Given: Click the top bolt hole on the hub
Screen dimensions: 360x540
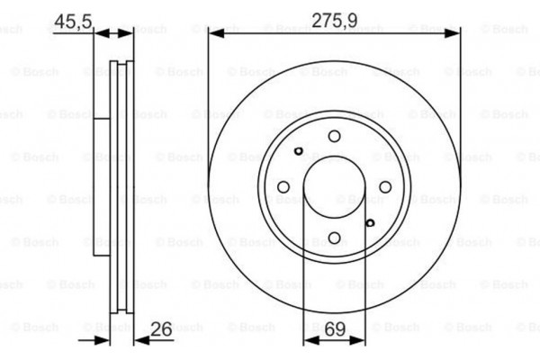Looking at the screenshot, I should [334, 136].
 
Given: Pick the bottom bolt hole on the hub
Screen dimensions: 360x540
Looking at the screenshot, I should [334, 238].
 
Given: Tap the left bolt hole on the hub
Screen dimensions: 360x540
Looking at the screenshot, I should [283, 187].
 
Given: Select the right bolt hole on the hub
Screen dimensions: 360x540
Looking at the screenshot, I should [384, 187].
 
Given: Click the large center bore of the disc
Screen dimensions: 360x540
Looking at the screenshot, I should [334, 187].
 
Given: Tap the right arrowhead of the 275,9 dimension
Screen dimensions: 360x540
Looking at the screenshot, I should [453, 33].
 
